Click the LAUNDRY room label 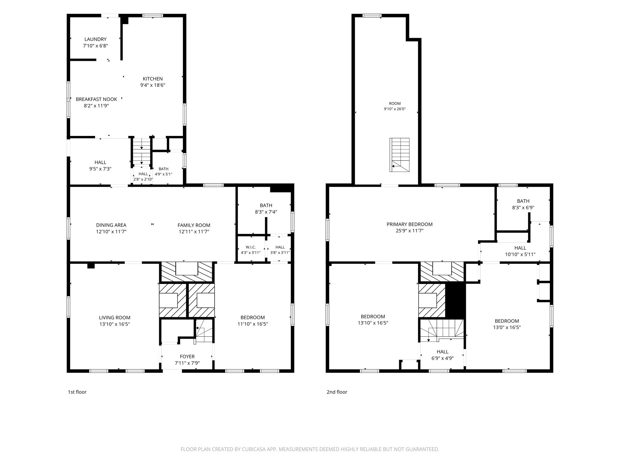[x=95, y=39]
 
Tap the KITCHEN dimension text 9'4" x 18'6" [x=153, y=85]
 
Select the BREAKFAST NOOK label [x=96, y=99]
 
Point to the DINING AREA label [x=111, y=225]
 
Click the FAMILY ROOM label [x=194, y=225]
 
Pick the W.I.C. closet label [x=251, y=247]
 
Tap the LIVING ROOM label [x=115, y=318]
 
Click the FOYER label [x=187, y=357]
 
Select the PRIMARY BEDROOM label [x=410, y=224]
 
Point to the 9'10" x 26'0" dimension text [x=395, y=109]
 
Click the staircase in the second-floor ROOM [x=400, y=155]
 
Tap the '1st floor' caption [x=77, y=392]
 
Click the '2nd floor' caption [x=337, y=392]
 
